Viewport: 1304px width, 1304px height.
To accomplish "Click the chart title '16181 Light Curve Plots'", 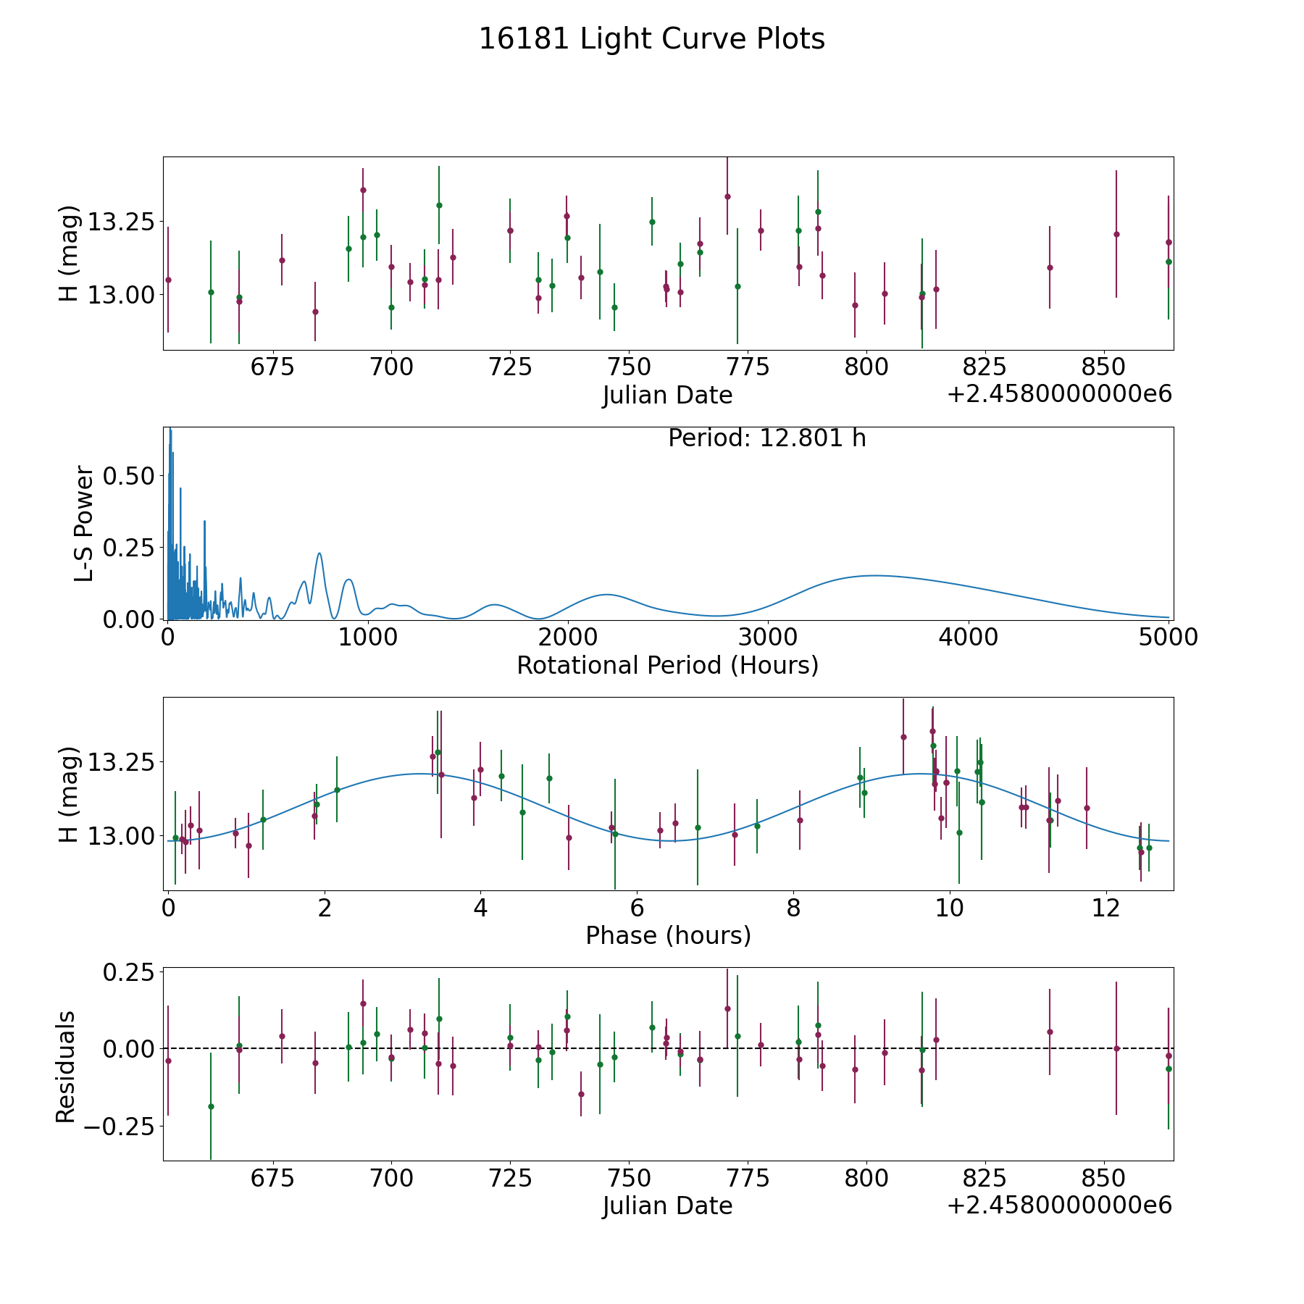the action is (652, 39).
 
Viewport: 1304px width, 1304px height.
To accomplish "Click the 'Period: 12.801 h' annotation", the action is (767, 438).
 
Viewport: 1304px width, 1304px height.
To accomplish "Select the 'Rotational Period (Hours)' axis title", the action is (667, 665).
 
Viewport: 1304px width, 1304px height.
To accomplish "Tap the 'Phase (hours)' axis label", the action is (668, 935).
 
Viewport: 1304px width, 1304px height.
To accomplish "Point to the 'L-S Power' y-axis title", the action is (85, 524).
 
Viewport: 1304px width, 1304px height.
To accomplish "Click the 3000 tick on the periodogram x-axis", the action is (768, 638).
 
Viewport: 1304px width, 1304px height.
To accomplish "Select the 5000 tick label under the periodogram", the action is (1168, 638).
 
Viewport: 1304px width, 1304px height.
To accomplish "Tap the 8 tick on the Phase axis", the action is (793, 908).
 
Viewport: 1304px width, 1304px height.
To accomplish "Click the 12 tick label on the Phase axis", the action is (1106, 908).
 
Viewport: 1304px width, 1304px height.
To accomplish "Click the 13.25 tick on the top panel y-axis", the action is (121, 222).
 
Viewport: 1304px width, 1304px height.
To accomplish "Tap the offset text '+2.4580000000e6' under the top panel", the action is (1059, 394).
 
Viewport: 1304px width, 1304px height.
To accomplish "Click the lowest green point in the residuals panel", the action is (211, 1106).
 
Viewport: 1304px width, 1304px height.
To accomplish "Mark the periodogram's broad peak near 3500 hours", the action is (875, 575).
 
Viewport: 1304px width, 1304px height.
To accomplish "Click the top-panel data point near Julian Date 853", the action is (1116, 234).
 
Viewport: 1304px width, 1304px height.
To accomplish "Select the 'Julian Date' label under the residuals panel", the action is (667, 1205).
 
